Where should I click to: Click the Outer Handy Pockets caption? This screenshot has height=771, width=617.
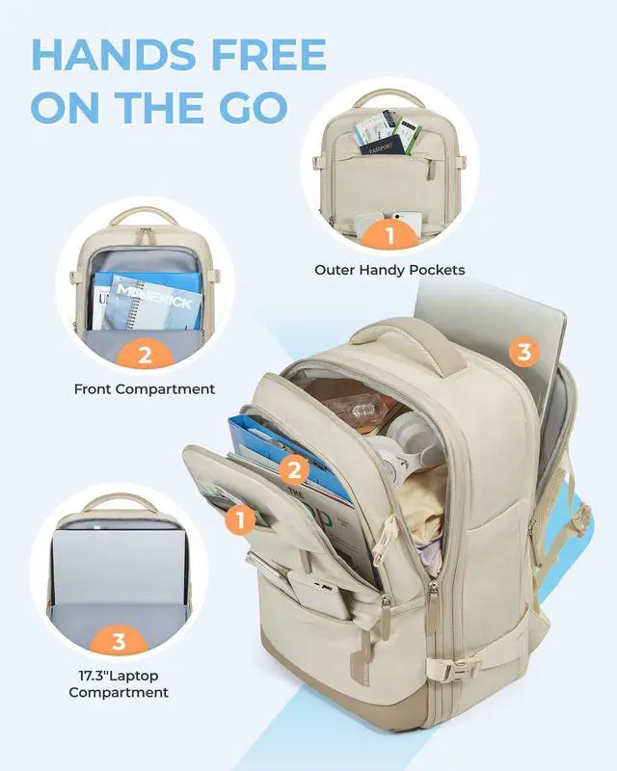tap(389, 270)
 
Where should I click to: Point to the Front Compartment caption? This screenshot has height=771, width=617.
tap(145, 389)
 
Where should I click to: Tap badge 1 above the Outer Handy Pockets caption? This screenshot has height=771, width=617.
tap(390, 234)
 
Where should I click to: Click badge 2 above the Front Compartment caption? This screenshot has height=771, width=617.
tap(145, 356)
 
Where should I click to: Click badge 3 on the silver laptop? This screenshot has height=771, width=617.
tap(523, 352)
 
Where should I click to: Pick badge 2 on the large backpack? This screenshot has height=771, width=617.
tap(296, 470)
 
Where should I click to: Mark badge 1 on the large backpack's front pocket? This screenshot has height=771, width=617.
tap(241, 520)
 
